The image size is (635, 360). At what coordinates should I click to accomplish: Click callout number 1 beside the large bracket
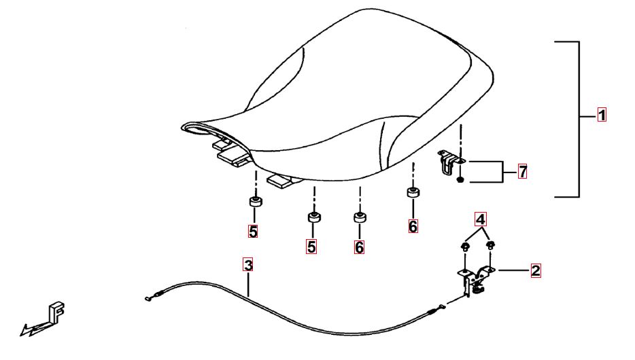click(x=602, y=115)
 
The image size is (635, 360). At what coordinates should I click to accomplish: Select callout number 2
click(x=535, y=270)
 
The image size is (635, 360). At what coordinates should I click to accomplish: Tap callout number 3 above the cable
click(x=248, y=265)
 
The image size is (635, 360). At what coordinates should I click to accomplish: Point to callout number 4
click(x=480, y=219)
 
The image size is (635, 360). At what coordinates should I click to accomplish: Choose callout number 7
click(x=523, y=172)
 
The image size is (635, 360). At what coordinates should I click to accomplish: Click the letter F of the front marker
click(x=56, y=312)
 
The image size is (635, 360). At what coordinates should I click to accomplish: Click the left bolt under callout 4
click(x=465, y=247)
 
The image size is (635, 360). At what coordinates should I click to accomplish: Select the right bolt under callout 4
click(x=490, y=245)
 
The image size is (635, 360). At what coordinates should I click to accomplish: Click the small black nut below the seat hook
click(x=460, y=179)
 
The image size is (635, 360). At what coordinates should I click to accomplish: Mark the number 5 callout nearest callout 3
click(x=253, y=232)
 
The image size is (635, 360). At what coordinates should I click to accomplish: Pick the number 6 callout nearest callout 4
click(x=413, y=226)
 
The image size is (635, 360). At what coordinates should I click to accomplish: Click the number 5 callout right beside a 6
click(x=311, y=247)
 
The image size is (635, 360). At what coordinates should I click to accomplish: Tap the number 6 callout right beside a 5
click(x=359, y=247)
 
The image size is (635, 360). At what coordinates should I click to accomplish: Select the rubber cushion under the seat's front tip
click(x=255, y=201)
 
